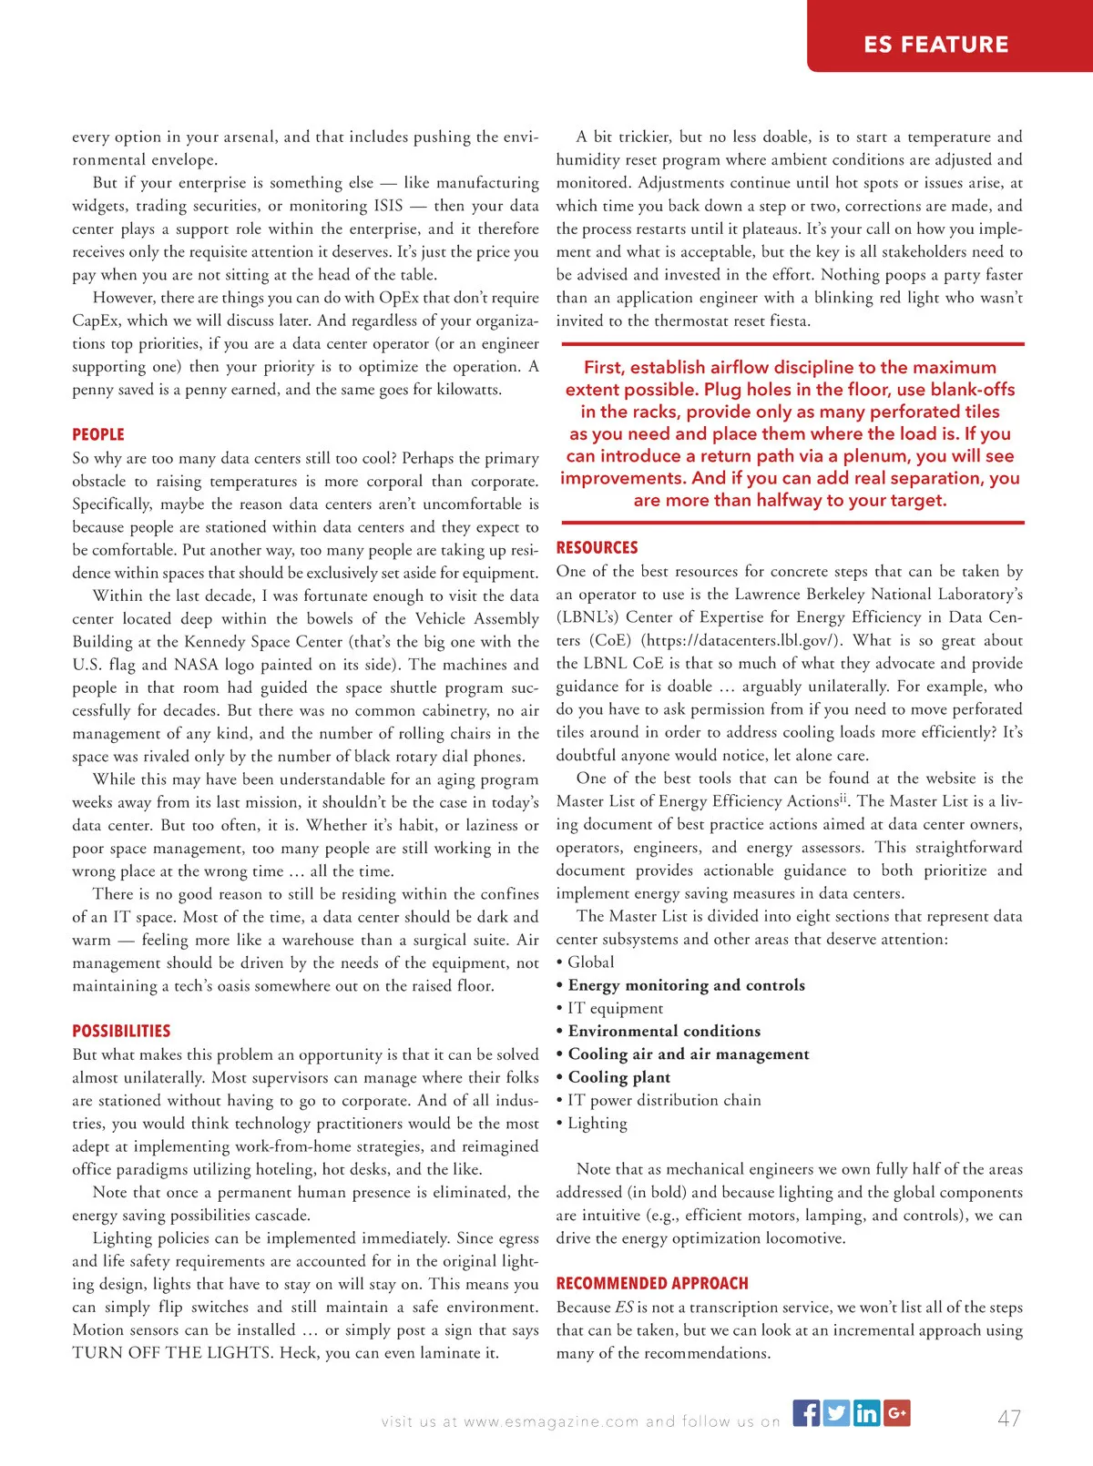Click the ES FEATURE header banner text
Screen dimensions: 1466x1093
(x=935, y=45)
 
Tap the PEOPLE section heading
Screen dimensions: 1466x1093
(x=98, y=434)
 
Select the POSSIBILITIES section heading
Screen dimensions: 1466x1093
(x=121, y=1031)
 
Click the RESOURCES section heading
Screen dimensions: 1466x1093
(x=597, y=547)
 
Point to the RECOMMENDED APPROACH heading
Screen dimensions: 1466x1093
(x=652, y=1283)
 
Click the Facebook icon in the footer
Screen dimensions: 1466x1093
(x=806, y=1412)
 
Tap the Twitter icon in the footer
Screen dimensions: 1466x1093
(x=836, y=1412)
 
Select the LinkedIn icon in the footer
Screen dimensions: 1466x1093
(x=866, y=1412)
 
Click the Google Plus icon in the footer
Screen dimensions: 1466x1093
(x=896, y=1412)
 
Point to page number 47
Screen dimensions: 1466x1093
(x=1009, y=1419)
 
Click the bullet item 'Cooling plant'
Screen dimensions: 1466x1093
(x=618, y=1077)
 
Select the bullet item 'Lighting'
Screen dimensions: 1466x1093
(x=597, y=1123)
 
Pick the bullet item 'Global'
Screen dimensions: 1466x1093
(x=590, y=962)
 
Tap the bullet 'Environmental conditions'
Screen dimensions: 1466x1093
(x=664, y=1031)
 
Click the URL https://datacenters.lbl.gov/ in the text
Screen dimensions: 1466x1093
(x=741, y=640)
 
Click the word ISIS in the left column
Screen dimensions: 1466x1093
(x=388, y=206)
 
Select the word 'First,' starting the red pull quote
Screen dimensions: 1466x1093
(x=604, y=367)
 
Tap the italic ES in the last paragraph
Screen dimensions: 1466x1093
(x=624, y=1308)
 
